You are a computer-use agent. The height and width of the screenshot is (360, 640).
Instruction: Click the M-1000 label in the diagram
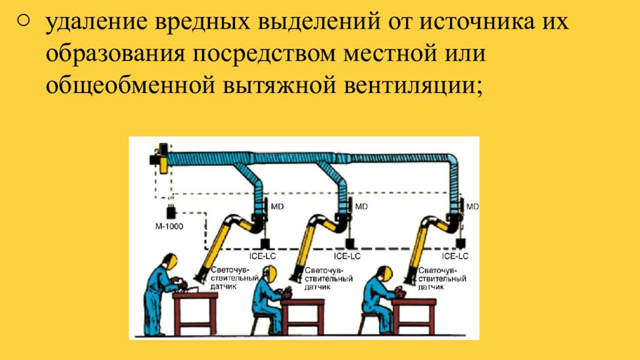[x=169, y=227]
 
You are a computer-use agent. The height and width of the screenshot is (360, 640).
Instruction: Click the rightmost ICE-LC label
[x=455, y=256]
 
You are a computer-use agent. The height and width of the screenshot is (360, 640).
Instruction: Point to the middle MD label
[x=361, y=206]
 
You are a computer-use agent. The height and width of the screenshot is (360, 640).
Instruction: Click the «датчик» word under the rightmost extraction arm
[x=432, y=287]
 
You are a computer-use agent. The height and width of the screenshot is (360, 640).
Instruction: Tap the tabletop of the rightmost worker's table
[x=413, y=302]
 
